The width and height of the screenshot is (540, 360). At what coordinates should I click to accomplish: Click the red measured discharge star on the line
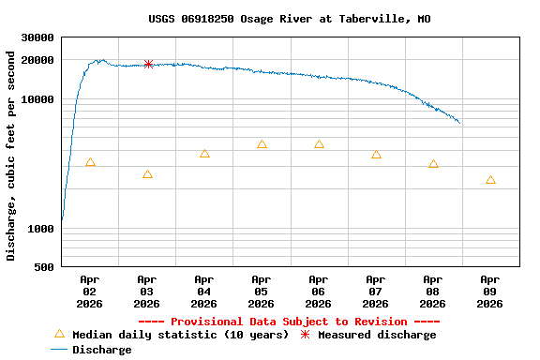tap(148, 64)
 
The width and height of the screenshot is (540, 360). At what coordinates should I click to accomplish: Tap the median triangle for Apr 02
tap(90, 162)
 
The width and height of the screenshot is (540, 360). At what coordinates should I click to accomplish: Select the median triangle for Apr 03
tap(147, 174)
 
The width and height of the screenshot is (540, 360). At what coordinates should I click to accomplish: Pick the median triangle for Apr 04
tap(204, 154)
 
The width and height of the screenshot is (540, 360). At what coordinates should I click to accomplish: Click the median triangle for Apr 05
tap(262, 144)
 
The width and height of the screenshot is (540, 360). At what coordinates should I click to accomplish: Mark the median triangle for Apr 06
tap(319, 144)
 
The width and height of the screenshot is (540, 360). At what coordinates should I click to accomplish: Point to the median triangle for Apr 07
tap(376, 155)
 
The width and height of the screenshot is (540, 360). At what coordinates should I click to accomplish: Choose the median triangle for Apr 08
tap(433, 164)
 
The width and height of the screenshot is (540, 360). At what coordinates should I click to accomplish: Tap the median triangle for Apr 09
tap(490, 180)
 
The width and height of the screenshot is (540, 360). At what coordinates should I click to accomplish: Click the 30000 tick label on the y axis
tap(37, 38)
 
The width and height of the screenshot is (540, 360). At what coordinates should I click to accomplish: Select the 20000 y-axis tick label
tap(37, 61)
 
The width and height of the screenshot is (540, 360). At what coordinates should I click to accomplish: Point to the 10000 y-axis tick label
tap(37, 99)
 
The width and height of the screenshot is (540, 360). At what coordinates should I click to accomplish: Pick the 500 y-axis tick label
tap(43, 268)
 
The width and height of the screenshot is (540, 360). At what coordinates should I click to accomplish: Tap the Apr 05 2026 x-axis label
tap(262, 292)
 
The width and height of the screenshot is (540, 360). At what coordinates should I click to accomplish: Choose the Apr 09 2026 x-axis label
tap(490, 292)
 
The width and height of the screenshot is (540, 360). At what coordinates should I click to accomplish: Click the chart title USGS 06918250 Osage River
tap(290, 19)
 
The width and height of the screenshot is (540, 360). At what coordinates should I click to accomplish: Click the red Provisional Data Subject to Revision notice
tap(290, 322)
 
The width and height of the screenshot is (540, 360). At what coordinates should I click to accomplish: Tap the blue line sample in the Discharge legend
tap(60, 350)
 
